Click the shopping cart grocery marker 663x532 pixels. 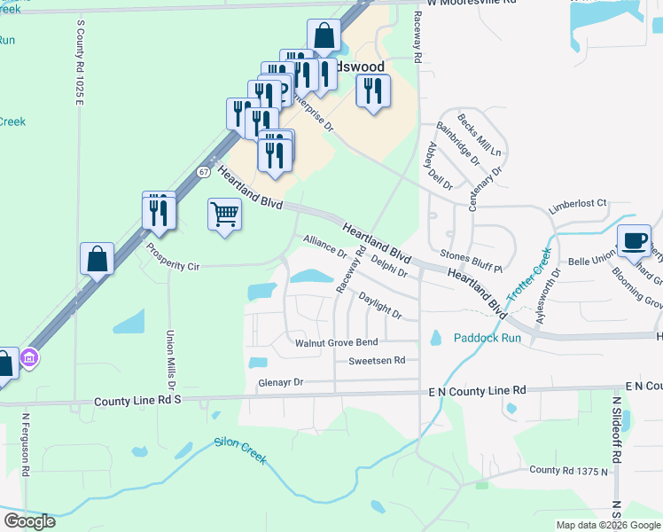point(224,214)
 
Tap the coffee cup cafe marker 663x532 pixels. point(635,241)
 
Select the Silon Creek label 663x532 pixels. point(240,450)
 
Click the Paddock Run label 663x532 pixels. point(487,338)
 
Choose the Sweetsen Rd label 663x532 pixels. point(376,360)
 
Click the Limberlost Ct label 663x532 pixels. point(577,203)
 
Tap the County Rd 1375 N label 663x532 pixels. point(569,470)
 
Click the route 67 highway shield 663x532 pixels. point(204,171)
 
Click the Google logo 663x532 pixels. point(29,521)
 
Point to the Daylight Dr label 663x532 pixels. point(380,307)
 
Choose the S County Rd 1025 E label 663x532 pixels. point(80,62)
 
